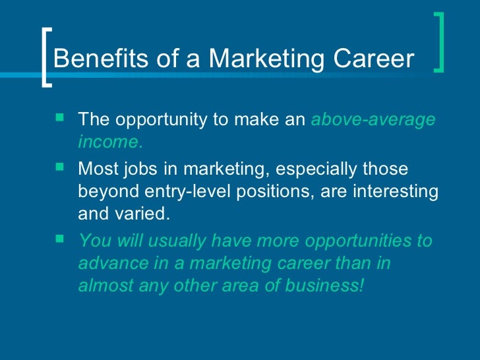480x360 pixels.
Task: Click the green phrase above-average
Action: click(373, 120)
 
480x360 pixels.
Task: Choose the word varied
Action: click(144, 214)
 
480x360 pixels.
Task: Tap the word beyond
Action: click(104, 191)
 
